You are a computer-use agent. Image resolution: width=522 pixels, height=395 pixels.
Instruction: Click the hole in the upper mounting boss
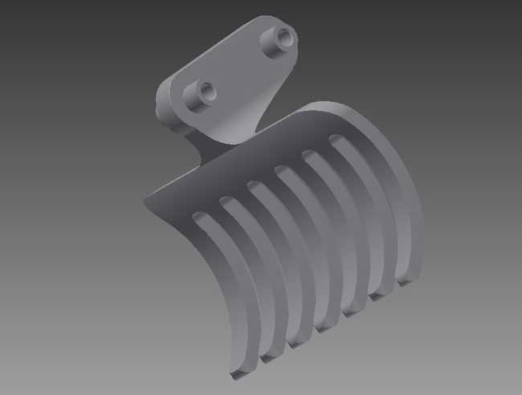282,36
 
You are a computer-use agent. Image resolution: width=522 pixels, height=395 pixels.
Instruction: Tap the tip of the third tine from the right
353,312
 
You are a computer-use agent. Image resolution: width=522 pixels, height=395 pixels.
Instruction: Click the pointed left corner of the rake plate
146,200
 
